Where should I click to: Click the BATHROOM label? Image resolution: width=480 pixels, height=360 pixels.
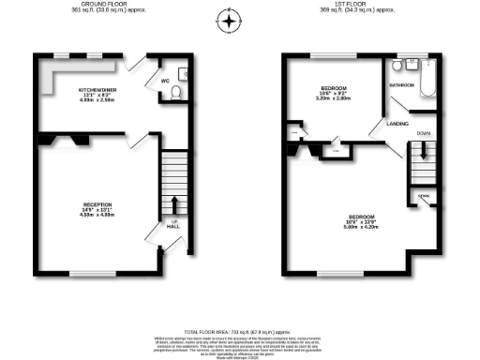[403, 85]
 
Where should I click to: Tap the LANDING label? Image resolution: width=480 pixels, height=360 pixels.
[382, 123]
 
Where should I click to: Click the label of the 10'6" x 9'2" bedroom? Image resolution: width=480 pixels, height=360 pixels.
[335, 91]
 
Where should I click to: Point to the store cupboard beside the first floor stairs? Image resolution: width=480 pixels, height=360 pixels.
[423, 198]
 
